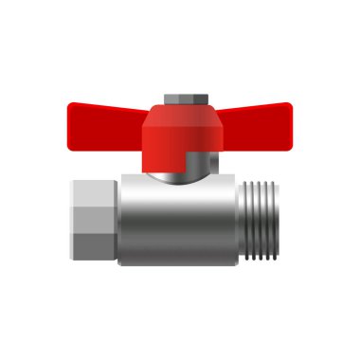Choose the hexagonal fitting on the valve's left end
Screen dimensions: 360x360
pos(95,220)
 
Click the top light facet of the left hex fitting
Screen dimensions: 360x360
pos(95,192)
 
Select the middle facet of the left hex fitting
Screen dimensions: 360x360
pos(95,220)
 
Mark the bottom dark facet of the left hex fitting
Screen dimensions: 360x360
pos(95,248)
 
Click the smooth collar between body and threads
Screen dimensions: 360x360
pos(236,220)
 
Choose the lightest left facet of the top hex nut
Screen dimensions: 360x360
pos(168,99)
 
